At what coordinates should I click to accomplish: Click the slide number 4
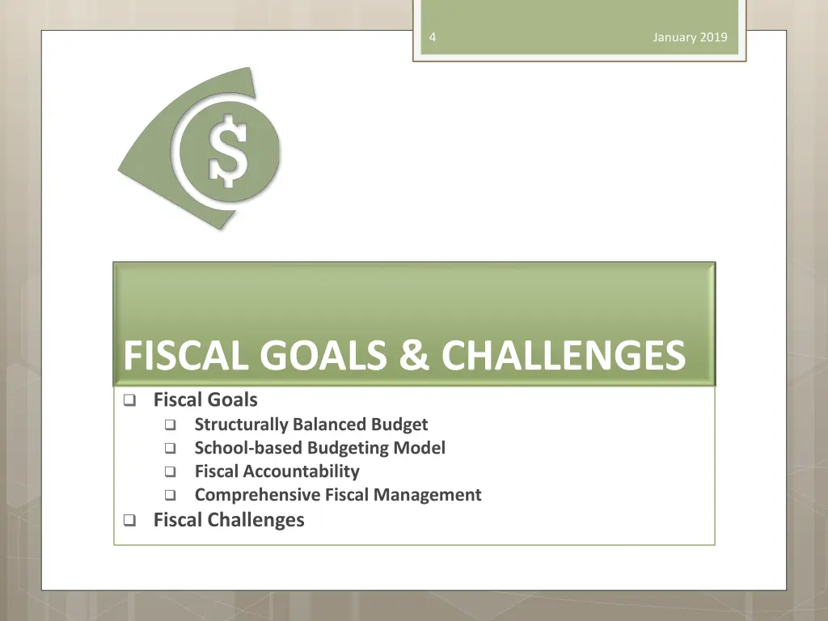tap(433, 37)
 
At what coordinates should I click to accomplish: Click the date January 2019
tap(690, 37)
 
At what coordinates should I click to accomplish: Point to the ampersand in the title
tap(414, 356)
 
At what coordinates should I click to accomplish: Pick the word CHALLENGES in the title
tap(564, 356)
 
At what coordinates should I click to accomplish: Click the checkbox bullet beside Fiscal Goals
tap(129, 400)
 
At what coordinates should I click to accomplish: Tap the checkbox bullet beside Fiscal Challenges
tap(129, 521)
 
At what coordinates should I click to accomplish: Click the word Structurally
tap(241, 425)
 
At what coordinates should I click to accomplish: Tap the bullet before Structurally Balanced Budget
tap(170, 425)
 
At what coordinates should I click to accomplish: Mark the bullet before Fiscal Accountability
tap(170, 472)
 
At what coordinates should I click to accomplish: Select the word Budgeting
tap(350, 448)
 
